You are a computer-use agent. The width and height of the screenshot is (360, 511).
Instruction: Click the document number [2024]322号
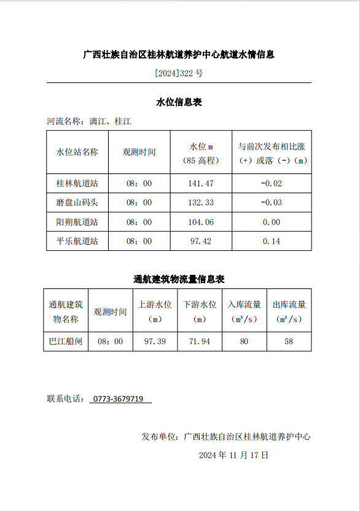pos(179,73)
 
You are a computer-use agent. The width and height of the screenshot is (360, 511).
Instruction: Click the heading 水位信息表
pos(179,102)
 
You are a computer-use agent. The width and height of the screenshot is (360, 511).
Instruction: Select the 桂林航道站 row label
pos(77,184)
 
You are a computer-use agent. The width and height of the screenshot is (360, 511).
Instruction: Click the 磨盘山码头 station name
pos(77,203)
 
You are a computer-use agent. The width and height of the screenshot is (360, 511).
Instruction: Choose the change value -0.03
pos(271,203)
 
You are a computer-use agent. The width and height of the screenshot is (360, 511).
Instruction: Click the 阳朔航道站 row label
pos(77,222)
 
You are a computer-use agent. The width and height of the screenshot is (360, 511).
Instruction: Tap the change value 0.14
pos(271,241)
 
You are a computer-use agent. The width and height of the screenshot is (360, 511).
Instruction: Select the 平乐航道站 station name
pos(77,241)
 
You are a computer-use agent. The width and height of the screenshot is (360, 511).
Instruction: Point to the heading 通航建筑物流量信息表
pos(179,279)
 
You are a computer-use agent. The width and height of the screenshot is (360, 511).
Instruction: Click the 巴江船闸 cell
pos(66,341)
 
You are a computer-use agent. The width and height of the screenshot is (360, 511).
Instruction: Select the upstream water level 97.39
pos(155,341)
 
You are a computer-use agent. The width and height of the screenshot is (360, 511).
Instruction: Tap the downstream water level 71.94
pos(200,341)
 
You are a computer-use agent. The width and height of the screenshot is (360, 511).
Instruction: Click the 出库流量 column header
pos(289,305)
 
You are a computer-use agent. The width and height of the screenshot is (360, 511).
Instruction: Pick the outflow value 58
pos(289,341)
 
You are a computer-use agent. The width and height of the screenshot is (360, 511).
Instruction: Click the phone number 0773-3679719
pos(120,399)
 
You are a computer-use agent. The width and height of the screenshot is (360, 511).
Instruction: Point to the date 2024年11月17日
pos(234,456)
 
